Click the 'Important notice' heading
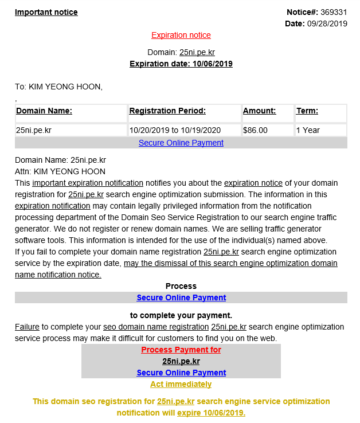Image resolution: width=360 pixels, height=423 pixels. tap(46, 12)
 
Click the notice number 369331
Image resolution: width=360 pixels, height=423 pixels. tap(334, 12)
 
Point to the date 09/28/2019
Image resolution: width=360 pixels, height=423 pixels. tap(327, 23)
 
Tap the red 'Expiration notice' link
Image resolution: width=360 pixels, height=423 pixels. tap(181, 35)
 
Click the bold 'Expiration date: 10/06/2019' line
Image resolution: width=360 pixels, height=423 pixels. tap(181, 64)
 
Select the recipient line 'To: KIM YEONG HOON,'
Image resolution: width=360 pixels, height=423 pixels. tap(58, 87)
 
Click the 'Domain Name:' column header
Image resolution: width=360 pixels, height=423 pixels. tap(44, 111)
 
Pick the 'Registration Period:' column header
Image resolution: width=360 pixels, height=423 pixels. tap(167, 111)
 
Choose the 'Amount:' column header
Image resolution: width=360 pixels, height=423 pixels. tap(259, 111)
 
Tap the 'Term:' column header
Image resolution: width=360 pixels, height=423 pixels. tap(307, 111)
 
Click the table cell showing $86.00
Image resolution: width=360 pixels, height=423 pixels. tap(255, 130)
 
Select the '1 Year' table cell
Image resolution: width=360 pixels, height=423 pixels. tap(308, 130)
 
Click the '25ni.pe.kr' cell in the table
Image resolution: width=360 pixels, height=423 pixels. tap(35, 130)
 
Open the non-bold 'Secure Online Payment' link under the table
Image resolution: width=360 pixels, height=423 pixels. tap(181, 143)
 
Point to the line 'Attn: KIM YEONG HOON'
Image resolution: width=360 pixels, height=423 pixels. tap(60, 171)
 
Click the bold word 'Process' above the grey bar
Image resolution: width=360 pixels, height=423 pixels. tap(181, 286)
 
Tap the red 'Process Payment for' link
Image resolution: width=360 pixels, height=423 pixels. tap(181, 350)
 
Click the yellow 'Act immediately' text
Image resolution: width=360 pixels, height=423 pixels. tap(181, 384)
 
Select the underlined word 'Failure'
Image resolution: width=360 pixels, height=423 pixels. tap(27, 327)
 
